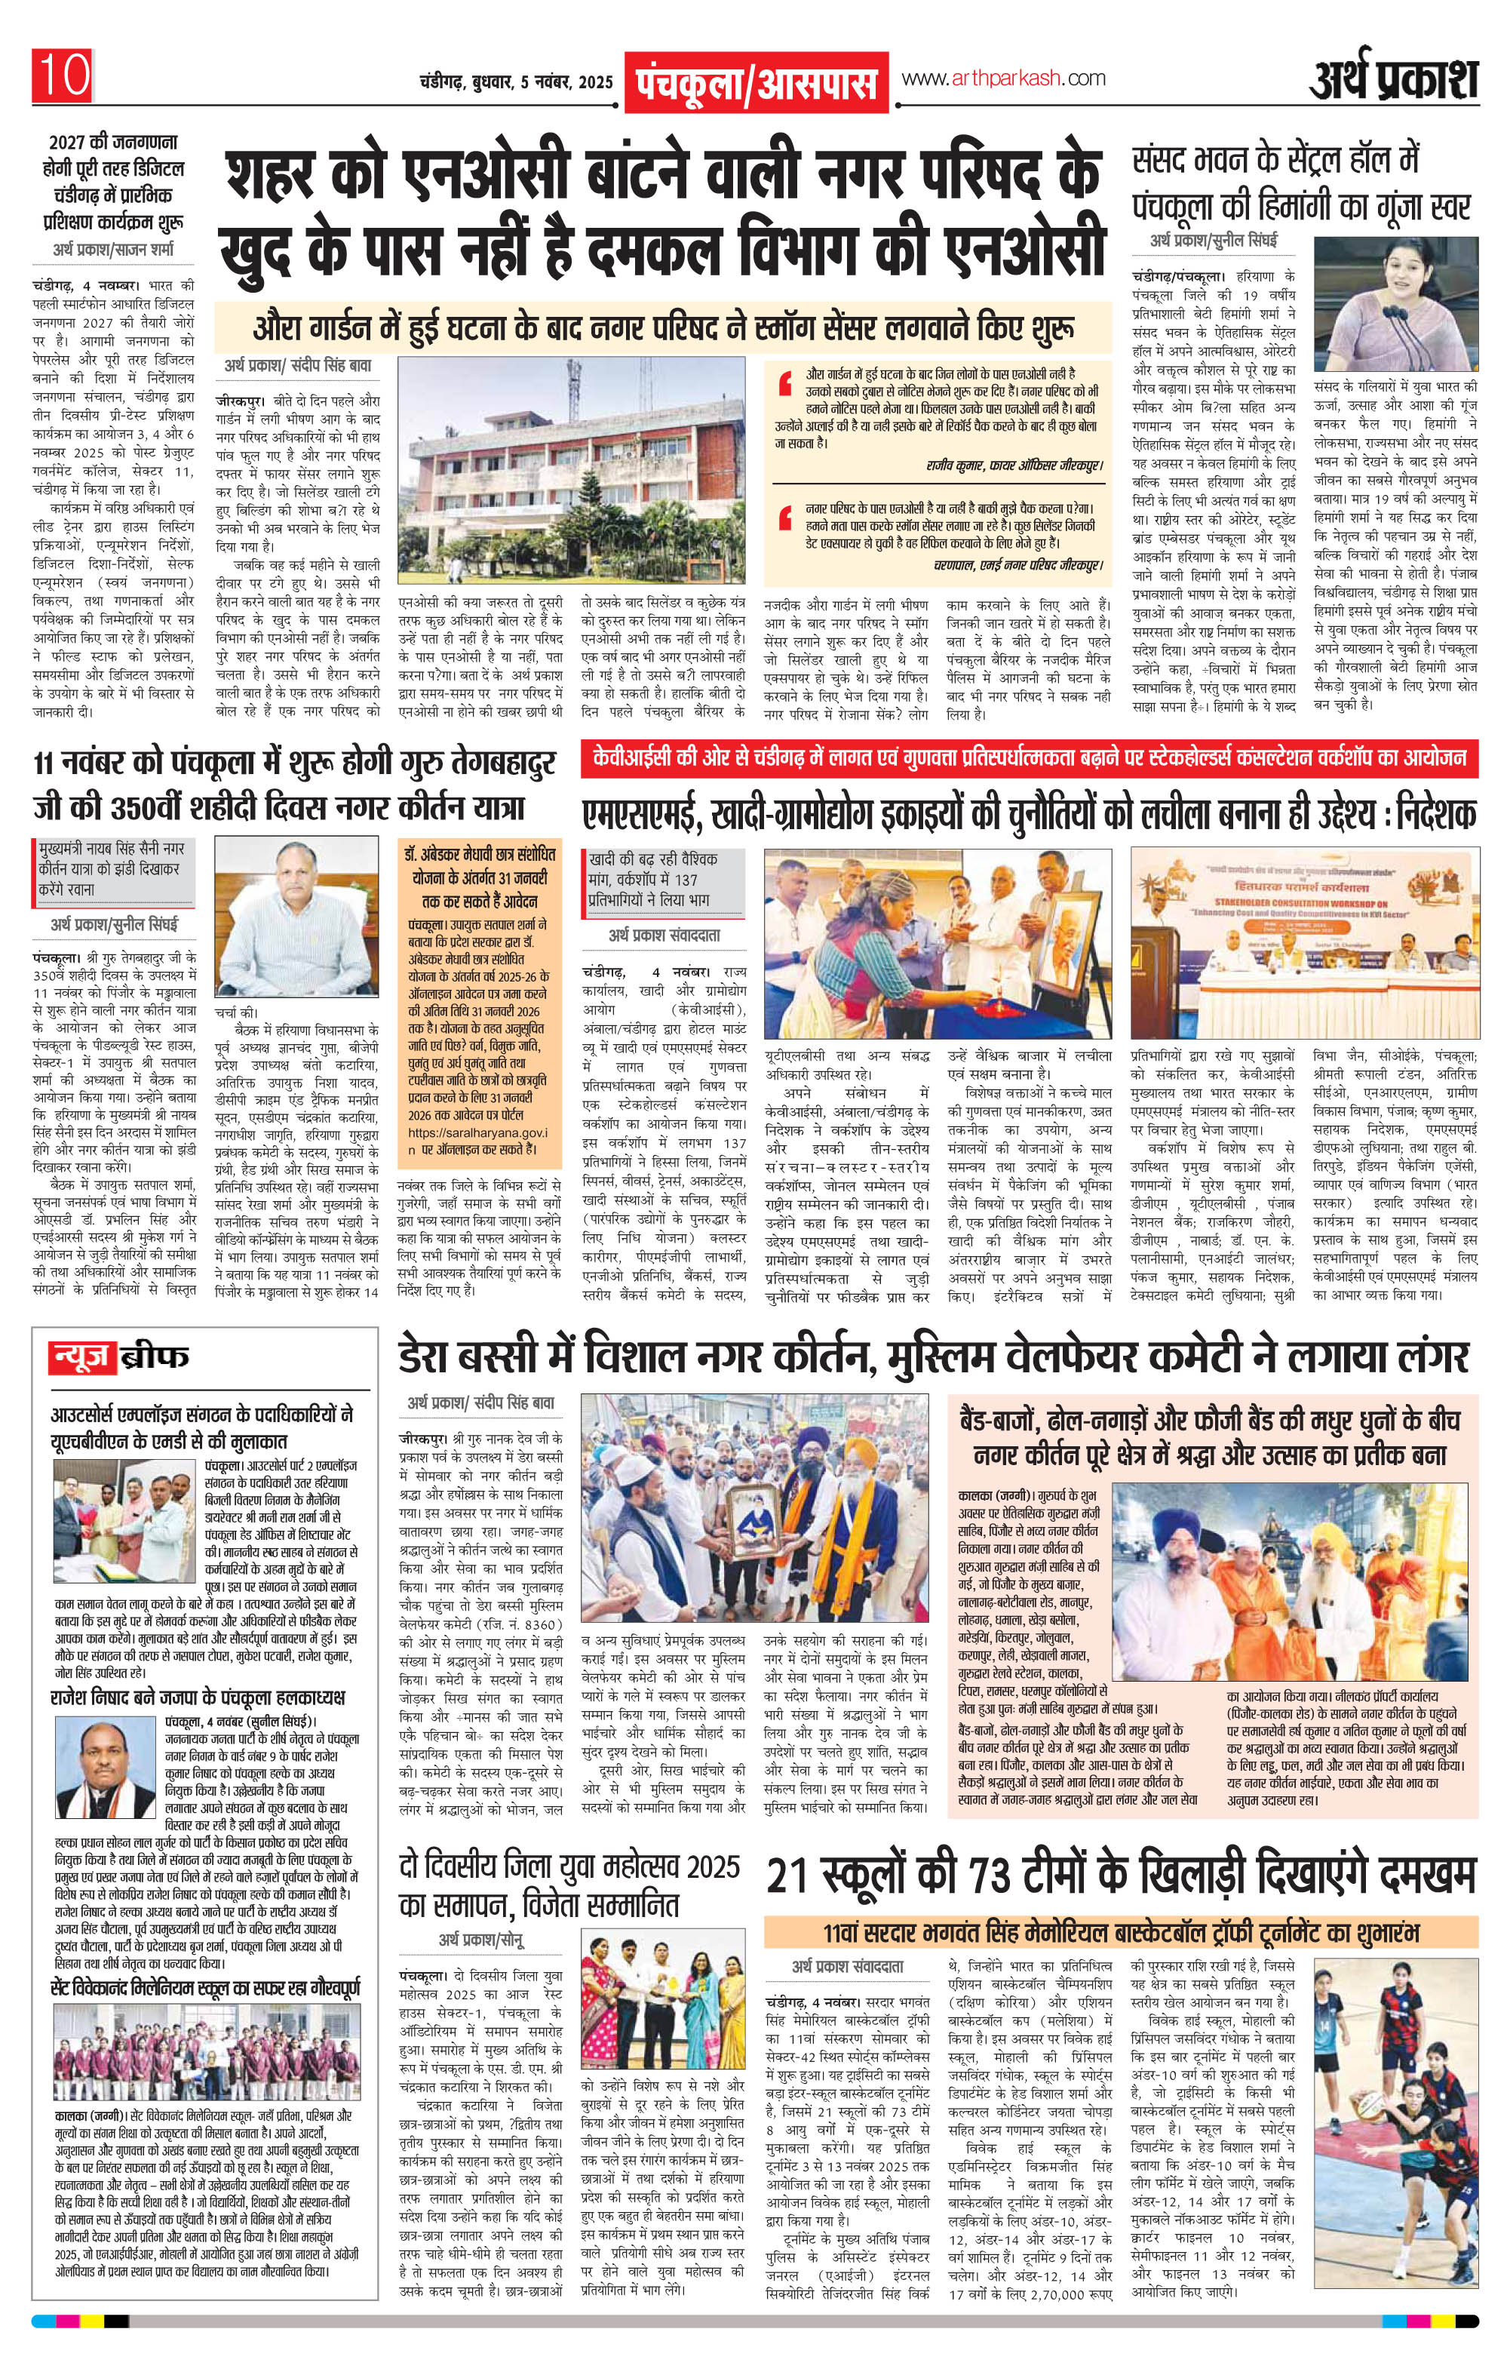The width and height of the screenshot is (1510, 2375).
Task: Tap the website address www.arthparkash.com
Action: (1002, 79)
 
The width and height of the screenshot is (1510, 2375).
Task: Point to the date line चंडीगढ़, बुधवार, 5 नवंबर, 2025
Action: (515, 80)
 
